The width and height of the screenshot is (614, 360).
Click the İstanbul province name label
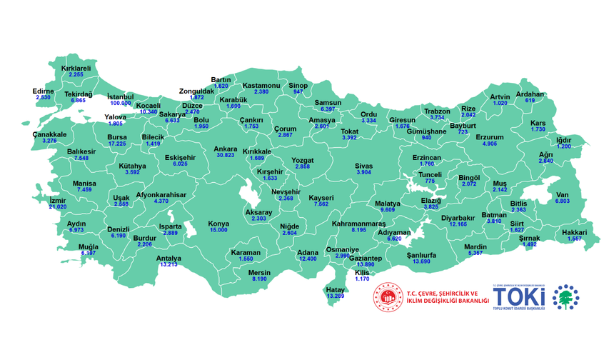120,96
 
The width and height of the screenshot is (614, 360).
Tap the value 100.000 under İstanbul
120,103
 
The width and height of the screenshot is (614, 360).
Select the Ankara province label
226,149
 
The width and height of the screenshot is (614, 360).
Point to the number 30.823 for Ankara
226,156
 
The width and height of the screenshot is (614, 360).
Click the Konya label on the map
218,223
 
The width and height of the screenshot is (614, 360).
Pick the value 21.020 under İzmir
58,207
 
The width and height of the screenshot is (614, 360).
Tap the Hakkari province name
574,231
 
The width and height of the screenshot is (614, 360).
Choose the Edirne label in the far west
43,91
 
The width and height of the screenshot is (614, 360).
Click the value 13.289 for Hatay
335,296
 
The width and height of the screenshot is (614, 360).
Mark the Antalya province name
168,258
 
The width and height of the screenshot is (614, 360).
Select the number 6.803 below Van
563,202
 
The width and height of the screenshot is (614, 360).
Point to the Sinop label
298,85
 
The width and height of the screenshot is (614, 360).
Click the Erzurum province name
489,136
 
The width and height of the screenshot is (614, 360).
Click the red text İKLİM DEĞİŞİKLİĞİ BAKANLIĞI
448,302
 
